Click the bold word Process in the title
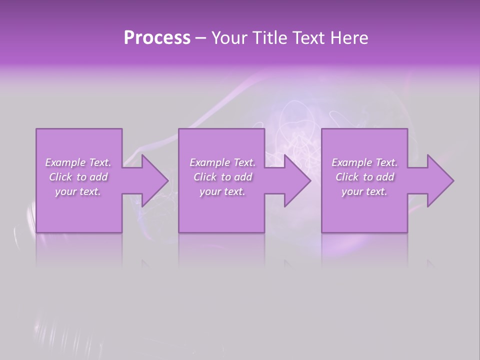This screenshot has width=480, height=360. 157,38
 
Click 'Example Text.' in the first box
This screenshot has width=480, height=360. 78,162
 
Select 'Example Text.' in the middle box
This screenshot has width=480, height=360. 222,162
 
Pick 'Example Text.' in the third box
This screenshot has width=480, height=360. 364,162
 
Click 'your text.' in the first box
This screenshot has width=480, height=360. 78,191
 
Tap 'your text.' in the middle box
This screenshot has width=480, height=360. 222,191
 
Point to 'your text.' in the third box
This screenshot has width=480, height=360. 364,191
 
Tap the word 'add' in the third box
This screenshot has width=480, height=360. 385,177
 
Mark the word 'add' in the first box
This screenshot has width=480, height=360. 99,177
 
